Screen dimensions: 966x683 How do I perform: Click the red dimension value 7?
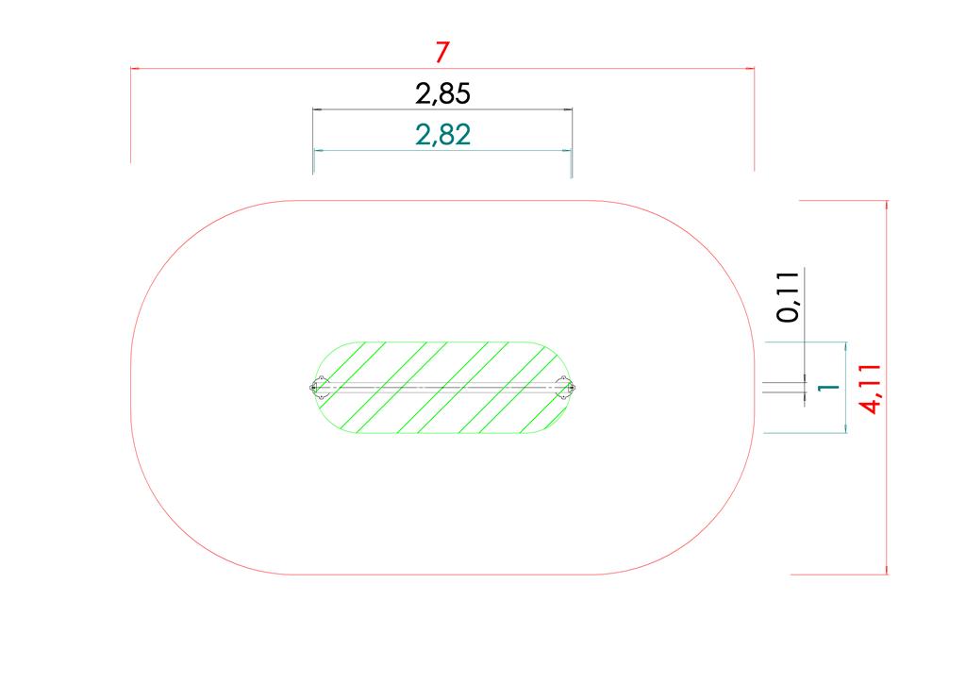tap(441, 52)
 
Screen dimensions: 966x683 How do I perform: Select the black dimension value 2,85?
tap(443, 94)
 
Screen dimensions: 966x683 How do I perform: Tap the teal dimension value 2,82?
tap(443, 135)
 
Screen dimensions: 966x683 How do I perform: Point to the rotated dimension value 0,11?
tap(788, 297)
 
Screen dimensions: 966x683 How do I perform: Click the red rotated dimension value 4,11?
tap(871, 390)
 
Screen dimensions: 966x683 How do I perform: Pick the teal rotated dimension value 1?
tap(828, 388)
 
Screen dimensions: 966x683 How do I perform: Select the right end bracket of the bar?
tap(565, 388)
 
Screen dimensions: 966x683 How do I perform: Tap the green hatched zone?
tap(442, 388)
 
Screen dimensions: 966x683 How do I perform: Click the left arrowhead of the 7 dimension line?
tap(135, 68)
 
